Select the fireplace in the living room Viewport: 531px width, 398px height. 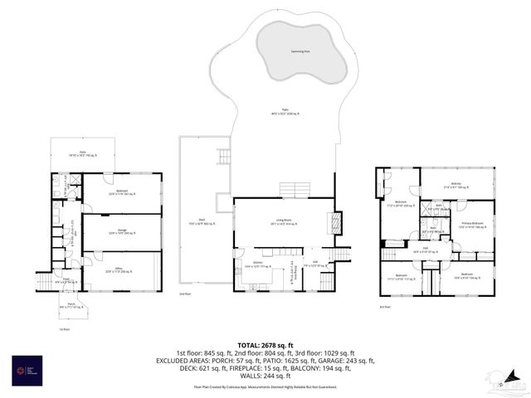tap(336, 221)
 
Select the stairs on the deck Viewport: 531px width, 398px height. tap(223, 156)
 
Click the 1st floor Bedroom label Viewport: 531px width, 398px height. tap(122, 192)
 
